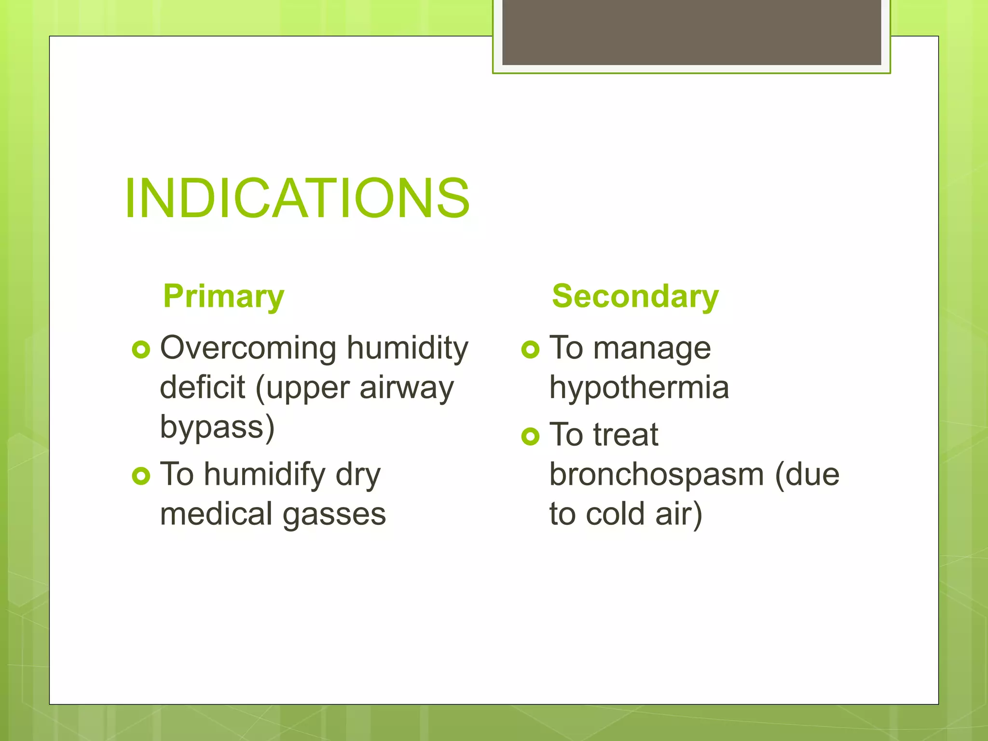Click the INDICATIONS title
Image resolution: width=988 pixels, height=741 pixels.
coord(297,198)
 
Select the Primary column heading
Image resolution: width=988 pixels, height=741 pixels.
coord(224,296)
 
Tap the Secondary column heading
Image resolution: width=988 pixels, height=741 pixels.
coord(635,296)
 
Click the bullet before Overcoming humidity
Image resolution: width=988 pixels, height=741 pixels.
coord(141,349)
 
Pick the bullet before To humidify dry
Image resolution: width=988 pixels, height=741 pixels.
coord(141,476)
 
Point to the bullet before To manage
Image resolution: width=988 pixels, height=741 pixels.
coord(530,349)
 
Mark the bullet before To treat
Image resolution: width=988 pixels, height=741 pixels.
coord(530,437)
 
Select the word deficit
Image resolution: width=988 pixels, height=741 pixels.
coord(202,387)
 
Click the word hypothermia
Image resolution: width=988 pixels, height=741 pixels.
coord(639,387)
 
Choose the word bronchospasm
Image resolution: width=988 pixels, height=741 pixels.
coord(657,475)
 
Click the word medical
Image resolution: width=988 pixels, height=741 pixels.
coord(216,514)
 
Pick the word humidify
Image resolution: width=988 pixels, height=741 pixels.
coord(264,475)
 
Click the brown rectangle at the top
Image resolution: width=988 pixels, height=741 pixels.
coord(691,32)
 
